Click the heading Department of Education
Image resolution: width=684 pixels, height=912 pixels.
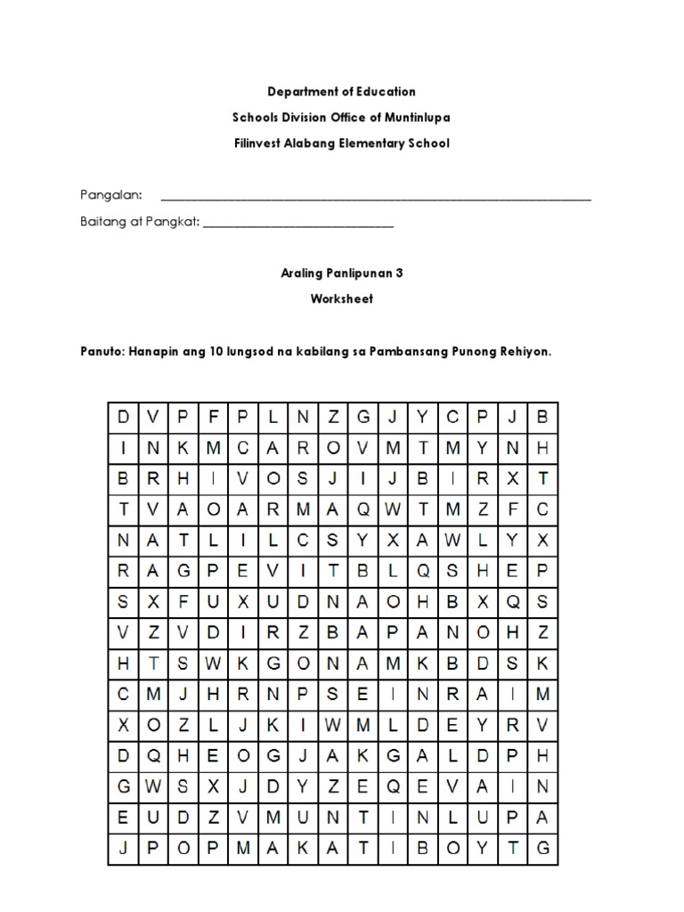343,92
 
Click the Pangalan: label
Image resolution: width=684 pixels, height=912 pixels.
105,196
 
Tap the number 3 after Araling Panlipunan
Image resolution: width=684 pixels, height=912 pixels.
399,273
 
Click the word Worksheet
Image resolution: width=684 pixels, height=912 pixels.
342,299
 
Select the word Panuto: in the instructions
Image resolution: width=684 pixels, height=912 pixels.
102,352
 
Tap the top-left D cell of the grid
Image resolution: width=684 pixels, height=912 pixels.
123,417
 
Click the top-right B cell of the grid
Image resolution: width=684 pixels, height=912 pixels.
542,417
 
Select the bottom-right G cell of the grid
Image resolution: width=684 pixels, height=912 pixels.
542,849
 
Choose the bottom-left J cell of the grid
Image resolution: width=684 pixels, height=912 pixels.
123,849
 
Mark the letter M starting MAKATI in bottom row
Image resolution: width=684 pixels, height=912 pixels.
243,849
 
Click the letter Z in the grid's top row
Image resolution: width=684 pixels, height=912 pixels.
333,417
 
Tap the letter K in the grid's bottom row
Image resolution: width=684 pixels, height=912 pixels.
303,849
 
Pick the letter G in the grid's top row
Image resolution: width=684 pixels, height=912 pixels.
363,417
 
